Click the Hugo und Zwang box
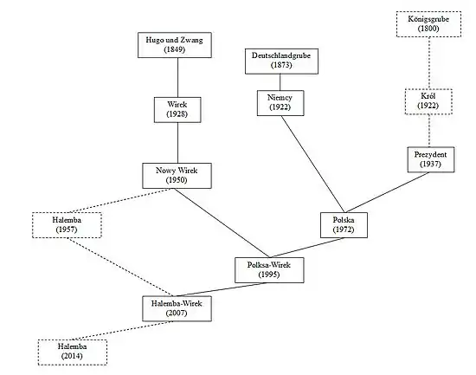coord(175,45)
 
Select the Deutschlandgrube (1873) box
coord(282,61)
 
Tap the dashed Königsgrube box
coord(428,24)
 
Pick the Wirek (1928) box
coord(177,110)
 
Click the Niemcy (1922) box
coord(280,103)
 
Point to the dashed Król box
coord(428,101)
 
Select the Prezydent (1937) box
coord(431,159)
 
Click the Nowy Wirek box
coord(177,176)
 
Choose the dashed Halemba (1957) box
coord(67,225)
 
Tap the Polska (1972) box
coord(344,225)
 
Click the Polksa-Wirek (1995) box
coord(269,270)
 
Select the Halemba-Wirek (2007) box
coord(177,308)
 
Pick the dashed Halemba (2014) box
coord(72,352)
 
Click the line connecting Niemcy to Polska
coord(313,164)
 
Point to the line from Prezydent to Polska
coord(388,192)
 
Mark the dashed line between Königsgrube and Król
coord(429,63)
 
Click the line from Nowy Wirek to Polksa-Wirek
coord(222,223)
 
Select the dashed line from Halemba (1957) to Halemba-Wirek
coord(120,267)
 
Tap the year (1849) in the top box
coord(175,49)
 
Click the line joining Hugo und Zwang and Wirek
coord(177,77)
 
